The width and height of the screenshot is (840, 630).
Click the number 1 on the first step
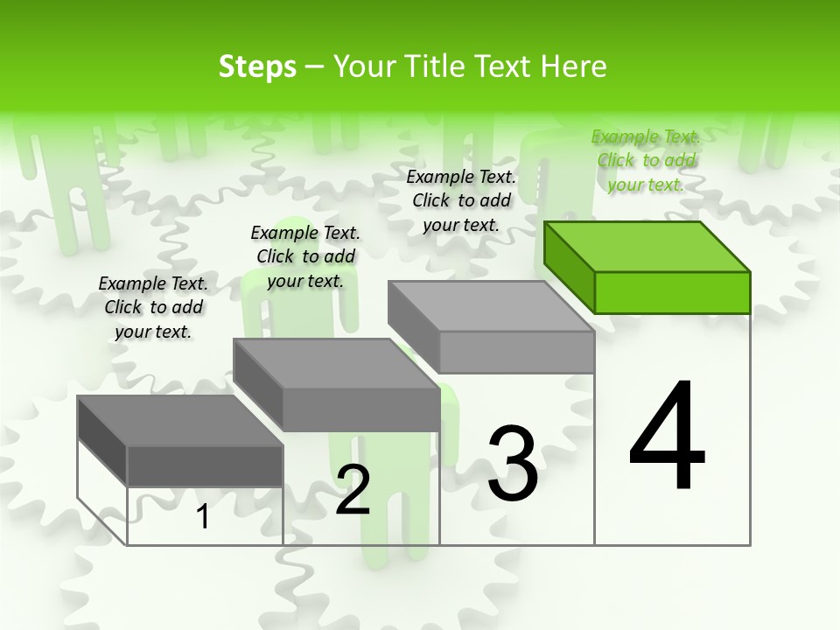pyautogui.click(x=203, y=517)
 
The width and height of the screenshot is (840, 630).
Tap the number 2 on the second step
pyautogui.click(x=353, y=489)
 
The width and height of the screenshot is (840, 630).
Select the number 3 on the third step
pyautogui.click(x=513, y=464)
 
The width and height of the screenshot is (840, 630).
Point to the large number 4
pyautogui.click(x=668, y=437)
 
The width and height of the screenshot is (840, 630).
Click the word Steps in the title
pyautogui.click(x=257, y=66)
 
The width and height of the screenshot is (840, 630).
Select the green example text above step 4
pyautogui.click(x=646, y=160)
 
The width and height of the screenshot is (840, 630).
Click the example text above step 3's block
pyautogui.click(x=461, y=200)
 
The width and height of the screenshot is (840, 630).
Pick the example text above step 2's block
pyautogui.click(x=305, y=256)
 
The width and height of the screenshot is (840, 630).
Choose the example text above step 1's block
pyautogui.click(x=153, y=307)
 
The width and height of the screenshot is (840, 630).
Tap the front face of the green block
pyautogui.click(x=672, y=292)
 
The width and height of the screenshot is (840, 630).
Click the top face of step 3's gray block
pyautogui.click(x=491, y=306)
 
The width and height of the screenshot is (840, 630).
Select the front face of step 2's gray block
pyautogui.click(x=361, y=409)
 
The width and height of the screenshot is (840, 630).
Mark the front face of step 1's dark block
pyautogui.click(x=205, y=465)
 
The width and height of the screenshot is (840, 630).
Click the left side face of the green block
pyautogui.click(x=569, y=266)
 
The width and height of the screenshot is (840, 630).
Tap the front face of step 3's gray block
pyautogui.click(x=516, y=352)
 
